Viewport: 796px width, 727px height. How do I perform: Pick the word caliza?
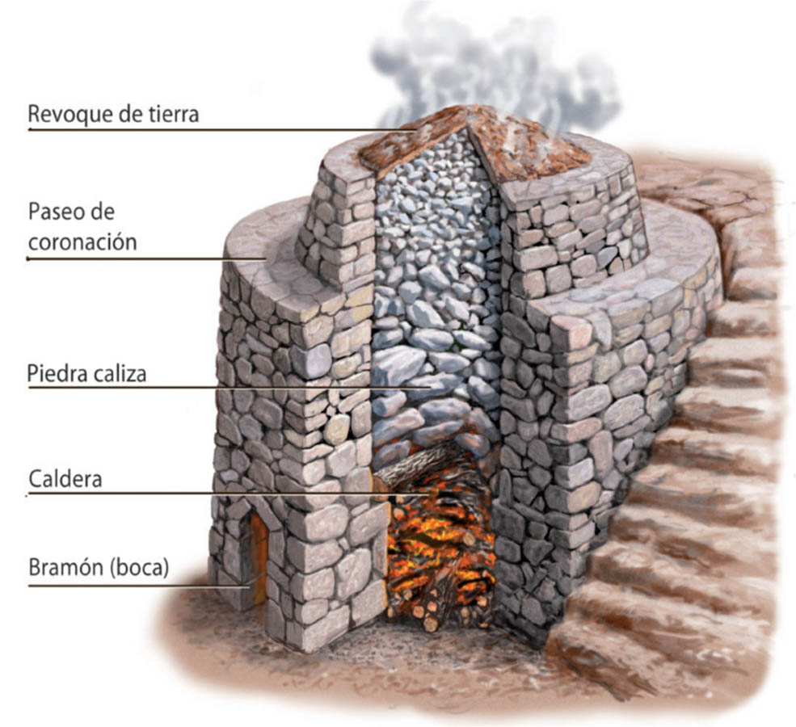coord(122,374)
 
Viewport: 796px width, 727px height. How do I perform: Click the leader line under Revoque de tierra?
coord(202,129)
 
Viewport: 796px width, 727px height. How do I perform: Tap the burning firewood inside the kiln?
coord(436,549)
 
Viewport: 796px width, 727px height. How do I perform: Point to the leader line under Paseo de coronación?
coord(145,258)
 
